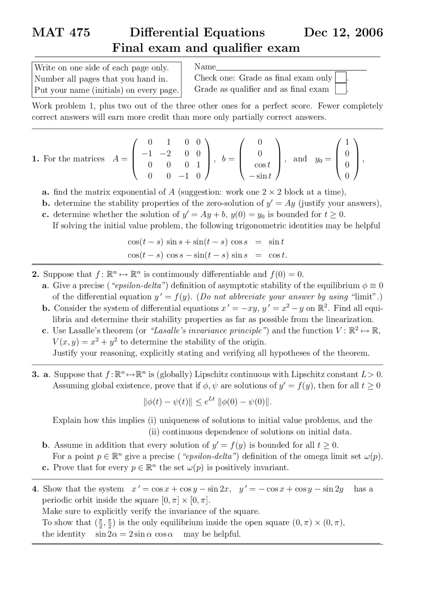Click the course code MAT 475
(x=61, y=33)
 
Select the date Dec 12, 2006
(x=343, y=33)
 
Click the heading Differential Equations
(x=197, y=33)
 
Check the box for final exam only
(x=340, y=78)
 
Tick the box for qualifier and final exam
(x=340, y=89)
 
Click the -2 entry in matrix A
(x=165, y=153)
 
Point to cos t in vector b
(x=262, y=165)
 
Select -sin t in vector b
(x=260, y=176)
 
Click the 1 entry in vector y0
(x=347, y=142)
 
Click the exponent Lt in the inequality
(x=211, y=399)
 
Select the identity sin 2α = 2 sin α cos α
(x=134, y=534)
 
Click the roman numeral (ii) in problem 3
(x=154, y=432)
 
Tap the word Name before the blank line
(x=205, y=67)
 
